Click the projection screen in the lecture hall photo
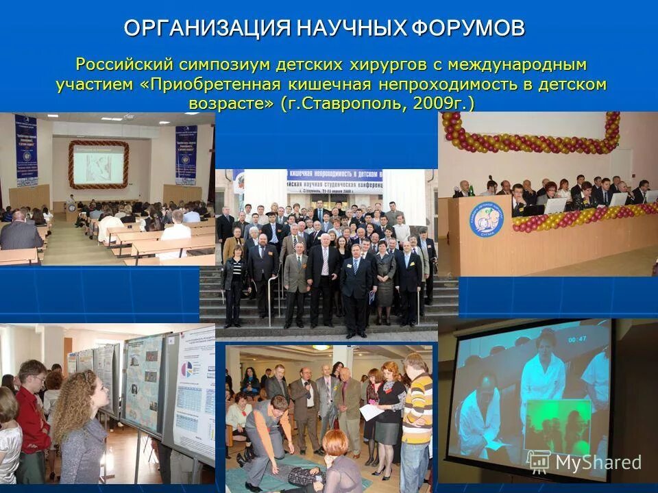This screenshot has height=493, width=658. pyautogui.click(x=98, y=164)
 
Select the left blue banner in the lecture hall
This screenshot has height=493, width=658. pyautogui.click(x=26, y=150)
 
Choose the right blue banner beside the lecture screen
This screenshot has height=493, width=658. pyautogui.click(x=186, y=153)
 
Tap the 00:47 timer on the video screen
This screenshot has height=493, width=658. pyautogui.click(x=578, y=338)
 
